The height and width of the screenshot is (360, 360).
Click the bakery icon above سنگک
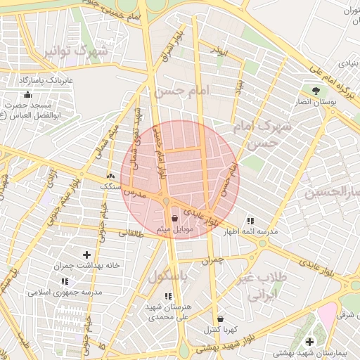[110, 175]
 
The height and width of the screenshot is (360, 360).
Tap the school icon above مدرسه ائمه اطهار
[250, 221]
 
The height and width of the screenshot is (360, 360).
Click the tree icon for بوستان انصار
[316, 91]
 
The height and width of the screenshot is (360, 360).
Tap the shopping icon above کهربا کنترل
[220, 319]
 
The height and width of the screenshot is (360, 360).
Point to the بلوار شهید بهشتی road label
[217, 347]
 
